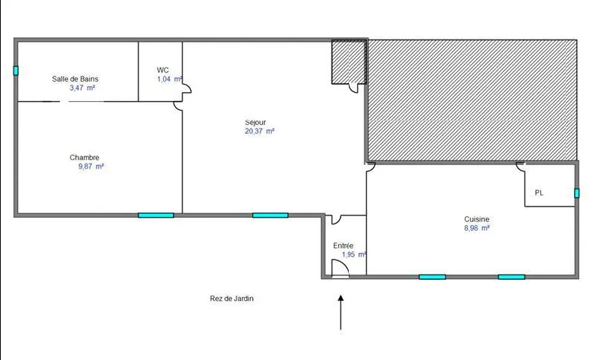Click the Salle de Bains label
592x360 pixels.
pyautogui.click(x=75, y=79)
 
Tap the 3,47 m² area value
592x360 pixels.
pyautogui.click(x=82, y=88)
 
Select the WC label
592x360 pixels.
pyautogui.click(x=162, y=70)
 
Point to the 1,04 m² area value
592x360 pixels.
pyautogui.click(x=169, y=79)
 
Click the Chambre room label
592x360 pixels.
pyautogui.click(x=85, y=157)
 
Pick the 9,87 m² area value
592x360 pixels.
pyautogui.click(x=91, y=166)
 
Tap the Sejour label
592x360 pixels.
pyautogui.click(x=255, y=122)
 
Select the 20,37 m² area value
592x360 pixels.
pyautogui.click(x=259, y=131)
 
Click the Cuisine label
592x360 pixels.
pyautogui.click(x=477, y=219)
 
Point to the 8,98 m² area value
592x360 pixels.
pyautogui.click(x=477, y=228)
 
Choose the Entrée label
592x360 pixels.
pyautogui.click(x=344, y=245)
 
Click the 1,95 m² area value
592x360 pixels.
pyautogui.click(x=353, y=254)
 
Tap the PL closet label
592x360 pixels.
pyautogui.click(x=539, y=193)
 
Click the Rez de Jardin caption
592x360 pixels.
pyautogui.click(x=232, y=299)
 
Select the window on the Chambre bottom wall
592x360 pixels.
pyautogui.click(x=156, y=216)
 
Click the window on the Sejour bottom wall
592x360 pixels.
pyautogui.click(x=270, y=216)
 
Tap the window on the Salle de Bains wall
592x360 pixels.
pyautogui.click(x=16, y=71)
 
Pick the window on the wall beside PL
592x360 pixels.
pyautogui.click(x=576, y=193)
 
